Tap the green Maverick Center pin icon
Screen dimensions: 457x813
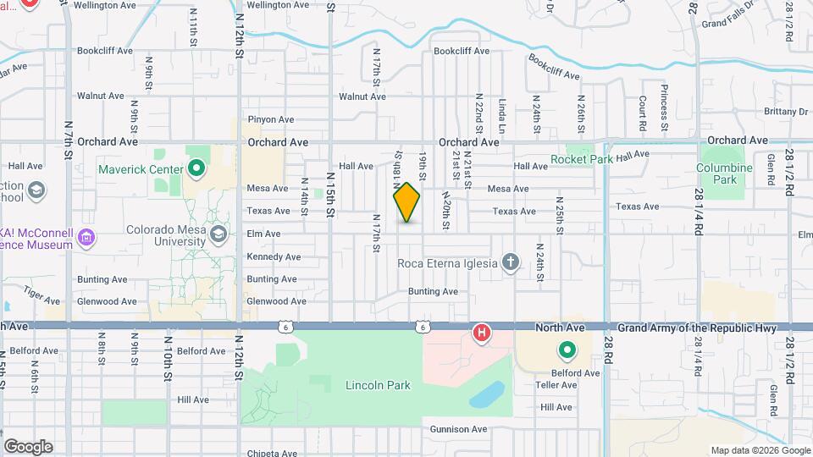pos(196,168)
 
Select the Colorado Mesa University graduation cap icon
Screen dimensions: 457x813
pos(218,234)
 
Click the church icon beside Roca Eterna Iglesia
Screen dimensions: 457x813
pos(510,262)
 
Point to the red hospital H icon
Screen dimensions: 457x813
pos(482,333)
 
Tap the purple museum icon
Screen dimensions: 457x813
pos(86,239)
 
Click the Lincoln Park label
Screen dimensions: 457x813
pos(378,385)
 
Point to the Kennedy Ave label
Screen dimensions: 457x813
pos(274,256)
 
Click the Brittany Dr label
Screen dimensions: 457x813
pos(785,111)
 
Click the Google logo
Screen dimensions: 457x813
pos(28,447)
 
